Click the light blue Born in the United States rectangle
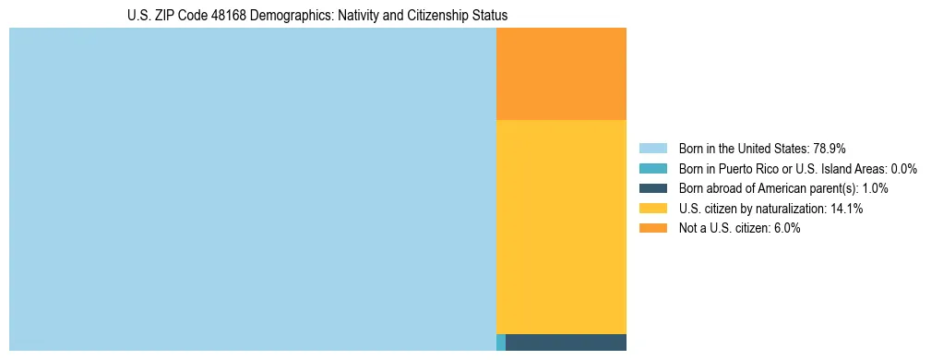pos(252,189)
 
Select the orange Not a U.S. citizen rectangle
pos(561,74)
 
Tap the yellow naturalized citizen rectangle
pos(561,226)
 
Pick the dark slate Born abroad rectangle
pos(566,342)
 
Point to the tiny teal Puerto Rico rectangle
pos(501,342)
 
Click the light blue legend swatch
pos(652,149)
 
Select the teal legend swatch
pos(652,169)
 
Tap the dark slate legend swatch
pos(652,188)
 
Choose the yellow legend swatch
pos(652,209)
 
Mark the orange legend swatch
pos(652,228)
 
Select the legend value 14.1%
pos(846,209)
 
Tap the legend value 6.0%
pos(784,228)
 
